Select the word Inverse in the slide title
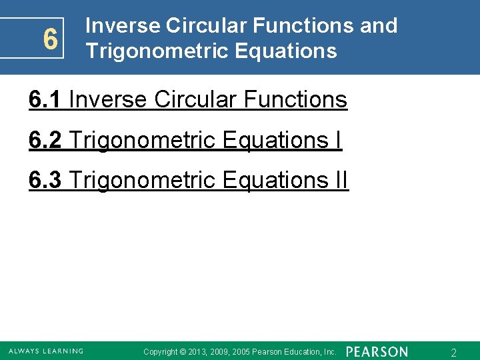(x=123, y=26)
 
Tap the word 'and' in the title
(x=378, y=26)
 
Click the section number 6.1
(x=45, y=100)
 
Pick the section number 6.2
(x=45, y=140)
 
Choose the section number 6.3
(x=45, y=180)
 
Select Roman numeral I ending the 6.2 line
(x=339, y=140)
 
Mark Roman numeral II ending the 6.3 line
(x=341, y=180)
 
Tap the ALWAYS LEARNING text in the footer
(x=46, y=351)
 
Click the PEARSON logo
(x=377, y=351)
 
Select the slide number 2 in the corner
(x=453, y=353)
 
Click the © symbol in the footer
(x=183, y=352)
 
